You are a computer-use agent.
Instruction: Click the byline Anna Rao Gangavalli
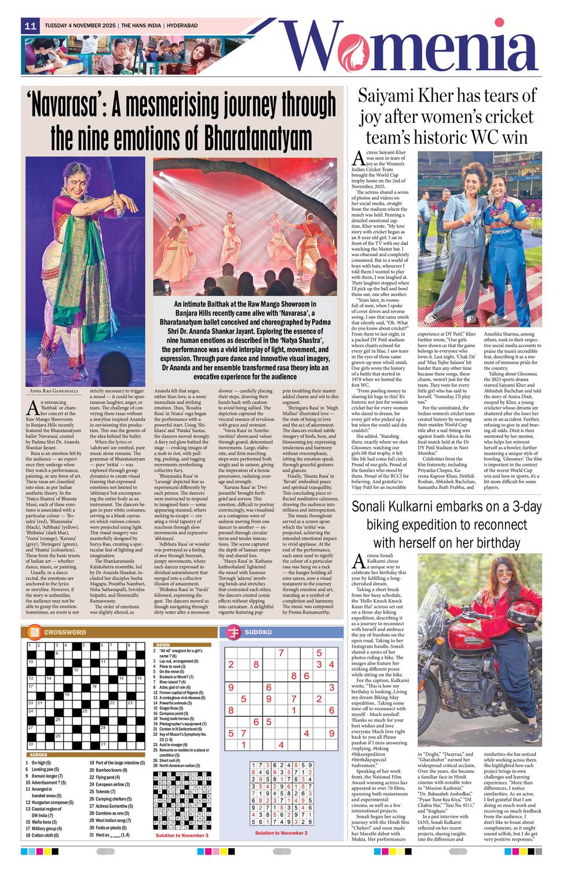tap(54, 392)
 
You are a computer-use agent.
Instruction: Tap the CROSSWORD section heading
tap(64, 632)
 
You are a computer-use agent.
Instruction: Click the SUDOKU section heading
tap(258, 632)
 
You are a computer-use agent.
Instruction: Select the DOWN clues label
tap(163, 644)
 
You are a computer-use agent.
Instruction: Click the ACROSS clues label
tap(38, 755)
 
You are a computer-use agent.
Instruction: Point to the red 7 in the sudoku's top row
tap(281, 653)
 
